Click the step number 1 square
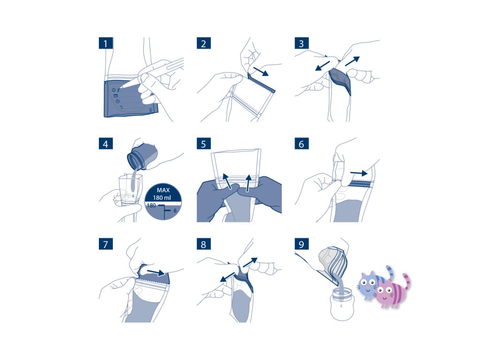point(105,43)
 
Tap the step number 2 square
point(203,43)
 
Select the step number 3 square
point(301,43)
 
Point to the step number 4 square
point(105,143)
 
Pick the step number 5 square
point(203,143)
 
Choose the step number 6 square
point(301,143)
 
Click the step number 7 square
point(105,244)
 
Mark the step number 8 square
point(203,244)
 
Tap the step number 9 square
point(301,244)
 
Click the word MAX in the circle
point(163,190)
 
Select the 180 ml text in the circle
point(162,198)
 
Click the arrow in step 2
point(261,72)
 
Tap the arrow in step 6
point(359,173)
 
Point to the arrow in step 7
point(156,272)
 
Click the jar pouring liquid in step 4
point(142,157)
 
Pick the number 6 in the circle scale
point(175,210)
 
